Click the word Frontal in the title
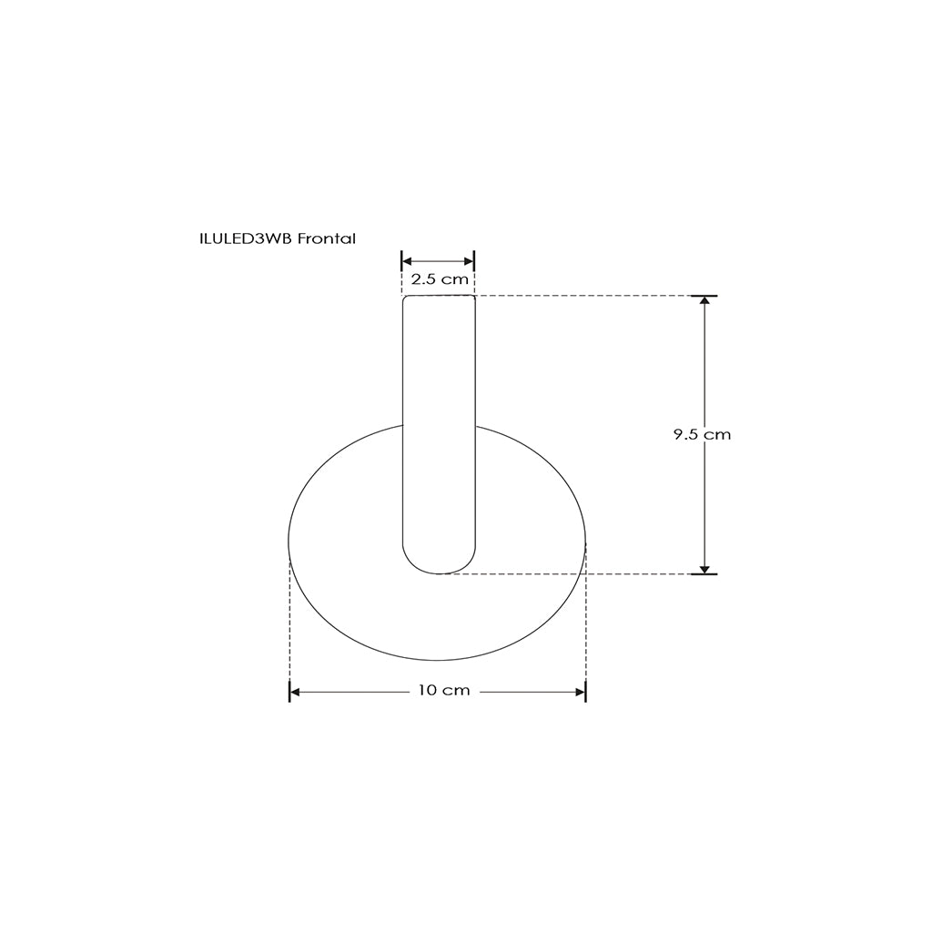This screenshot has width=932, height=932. [327, 238]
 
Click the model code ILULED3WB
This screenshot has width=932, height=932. [246, 238]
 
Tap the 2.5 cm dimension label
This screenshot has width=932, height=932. [440, 279]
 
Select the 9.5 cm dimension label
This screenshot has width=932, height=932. [702, 434]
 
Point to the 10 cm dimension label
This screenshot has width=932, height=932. [444, 690]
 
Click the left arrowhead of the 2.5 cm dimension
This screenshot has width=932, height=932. [407, 260]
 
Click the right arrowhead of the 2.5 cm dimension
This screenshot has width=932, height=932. [470, 260]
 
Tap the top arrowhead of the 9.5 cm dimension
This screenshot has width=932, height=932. [704, 299]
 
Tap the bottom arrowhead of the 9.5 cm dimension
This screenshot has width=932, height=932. [704, 570]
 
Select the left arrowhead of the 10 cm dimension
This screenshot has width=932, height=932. [294, 692]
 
